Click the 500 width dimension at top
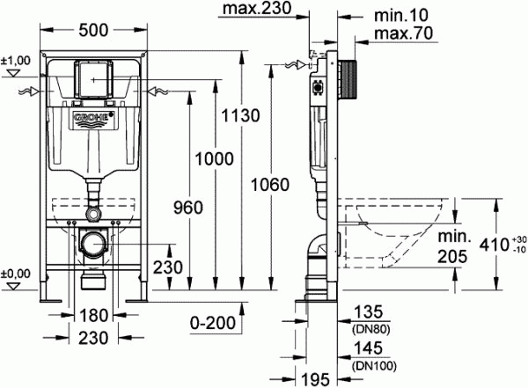(x=93, y=30)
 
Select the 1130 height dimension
(x=240, y=115)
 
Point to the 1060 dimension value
(x=270, y=185)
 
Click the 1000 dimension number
(x=214, y=158)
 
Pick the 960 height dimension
(x=188, y=208)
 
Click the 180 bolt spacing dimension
(x=93, y=316)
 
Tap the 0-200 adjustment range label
(x=212, y=323)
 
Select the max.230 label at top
(x=257, y=8)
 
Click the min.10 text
(x=401, y=16)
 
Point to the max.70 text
(x=403, y=33)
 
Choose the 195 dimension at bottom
(x=314, y=380)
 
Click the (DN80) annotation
(x=370, y=330)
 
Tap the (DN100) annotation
(x=374, y=365)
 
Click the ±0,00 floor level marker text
(x=16, y=274)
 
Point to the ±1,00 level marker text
(x=16, y=61)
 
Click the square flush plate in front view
(x=93, y=79)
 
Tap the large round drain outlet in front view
(x=93, y=244)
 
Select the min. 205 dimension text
(x=453, y=246)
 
